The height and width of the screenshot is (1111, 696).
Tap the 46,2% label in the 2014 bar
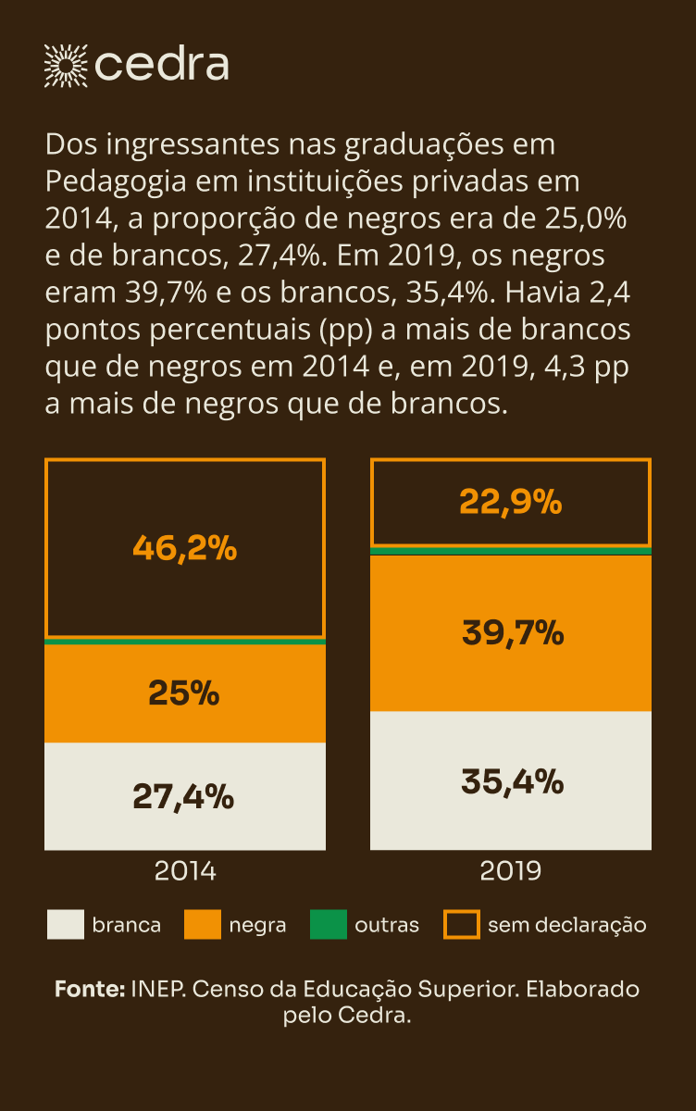(185, 548)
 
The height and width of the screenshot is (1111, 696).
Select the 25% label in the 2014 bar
(184, 693)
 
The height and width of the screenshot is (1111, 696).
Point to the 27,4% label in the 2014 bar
(183, 796)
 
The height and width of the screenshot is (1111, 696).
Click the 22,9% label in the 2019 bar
(510, 503)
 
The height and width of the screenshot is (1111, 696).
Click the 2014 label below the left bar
(185, 872)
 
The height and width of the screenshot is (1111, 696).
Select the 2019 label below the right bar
(510, 872)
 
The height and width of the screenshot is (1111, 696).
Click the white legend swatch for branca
(64, 925)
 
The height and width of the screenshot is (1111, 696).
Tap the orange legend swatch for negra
(203, 925)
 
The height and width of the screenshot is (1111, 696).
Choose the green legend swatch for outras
(328, 925)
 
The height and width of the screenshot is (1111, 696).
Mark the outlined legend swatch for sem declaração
(462, 925)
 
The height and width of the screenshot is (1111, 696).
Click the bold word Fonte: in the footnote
(90, 989)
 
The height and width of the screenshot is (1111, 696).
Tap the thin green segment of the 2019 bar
(510, 551)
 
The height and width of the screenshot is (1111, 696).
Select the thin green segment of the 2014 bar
(185, 641)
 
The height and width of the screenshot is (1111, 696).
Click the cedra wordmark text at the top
(162, 66)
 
